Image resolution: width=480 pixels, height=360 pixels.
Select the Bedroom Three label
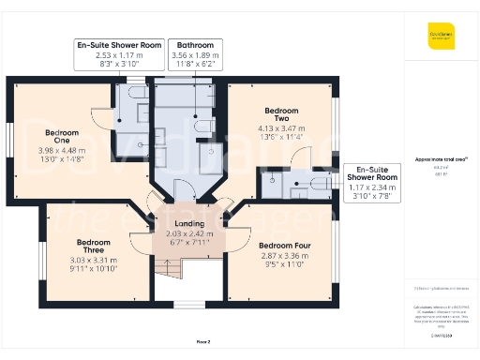pos(94,247)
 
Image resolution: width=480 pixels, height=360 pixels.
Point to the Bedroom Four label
pos(282,246)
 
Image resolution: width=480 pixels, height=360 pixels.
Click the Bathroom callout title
pos(195,45)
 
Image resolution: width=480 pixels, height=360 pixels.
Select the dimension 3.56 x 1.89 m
pos(195,55)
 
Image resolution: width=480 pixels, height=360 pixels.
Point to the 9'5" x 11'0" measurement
pos(282,264)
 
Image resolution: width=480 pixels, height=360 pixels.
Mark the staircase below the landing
pos(167,272)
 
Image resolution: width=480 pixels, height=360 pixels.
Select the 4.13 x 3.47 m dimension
pos(282,127)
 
